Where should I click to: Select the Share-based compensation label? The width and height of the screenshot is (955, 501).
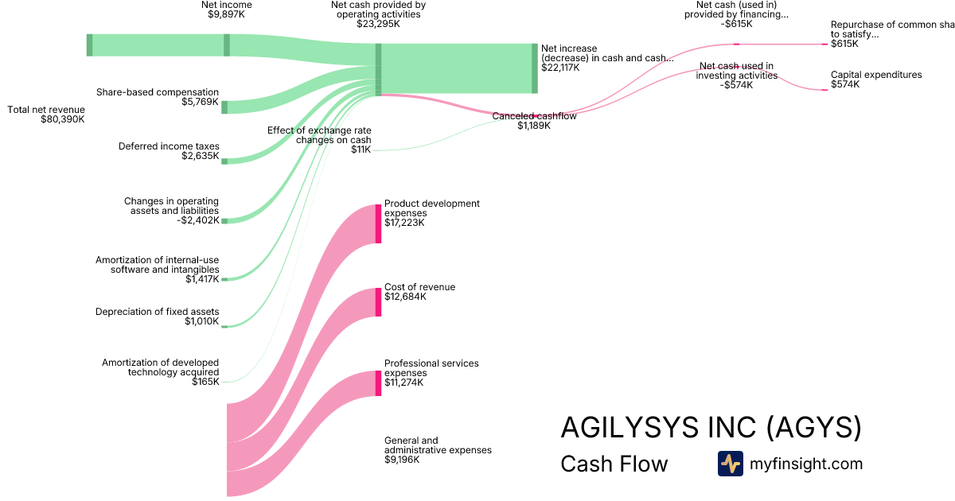158,92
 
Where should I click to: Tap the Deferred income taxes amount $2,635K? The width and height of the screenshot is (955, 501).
200,157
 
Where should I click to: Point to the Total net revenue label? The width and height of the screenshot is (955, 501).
45,109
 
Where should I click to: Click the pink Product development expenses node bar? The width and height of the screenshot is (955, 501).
378,223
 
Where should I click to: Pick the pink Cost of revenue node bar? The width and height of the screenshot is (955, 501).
378,302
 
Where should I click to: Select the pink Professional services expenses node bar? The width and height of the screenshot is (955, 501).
378,383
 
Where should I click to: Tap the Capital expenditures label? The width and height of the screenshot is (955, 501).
876,75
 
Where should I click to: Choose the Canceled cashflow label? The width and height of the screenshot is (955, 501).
534,116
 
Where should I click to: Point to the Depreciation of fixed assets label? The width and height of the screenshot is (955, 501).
157,312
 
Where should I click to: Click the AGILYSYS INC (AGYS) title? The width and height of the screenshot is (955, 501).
711,428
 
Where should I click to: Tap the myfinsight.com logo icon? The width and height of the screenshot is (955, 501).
730,464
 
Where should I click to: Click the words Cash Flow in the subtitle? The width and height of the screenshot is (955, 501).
614,464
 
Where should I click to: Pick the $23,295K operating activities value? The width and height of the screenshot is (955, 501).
378,24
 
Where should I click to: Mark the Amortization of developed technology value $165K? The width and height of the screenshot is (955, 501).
205,383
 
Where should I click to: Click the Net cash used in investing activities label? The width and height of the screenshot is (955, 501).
736,71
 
